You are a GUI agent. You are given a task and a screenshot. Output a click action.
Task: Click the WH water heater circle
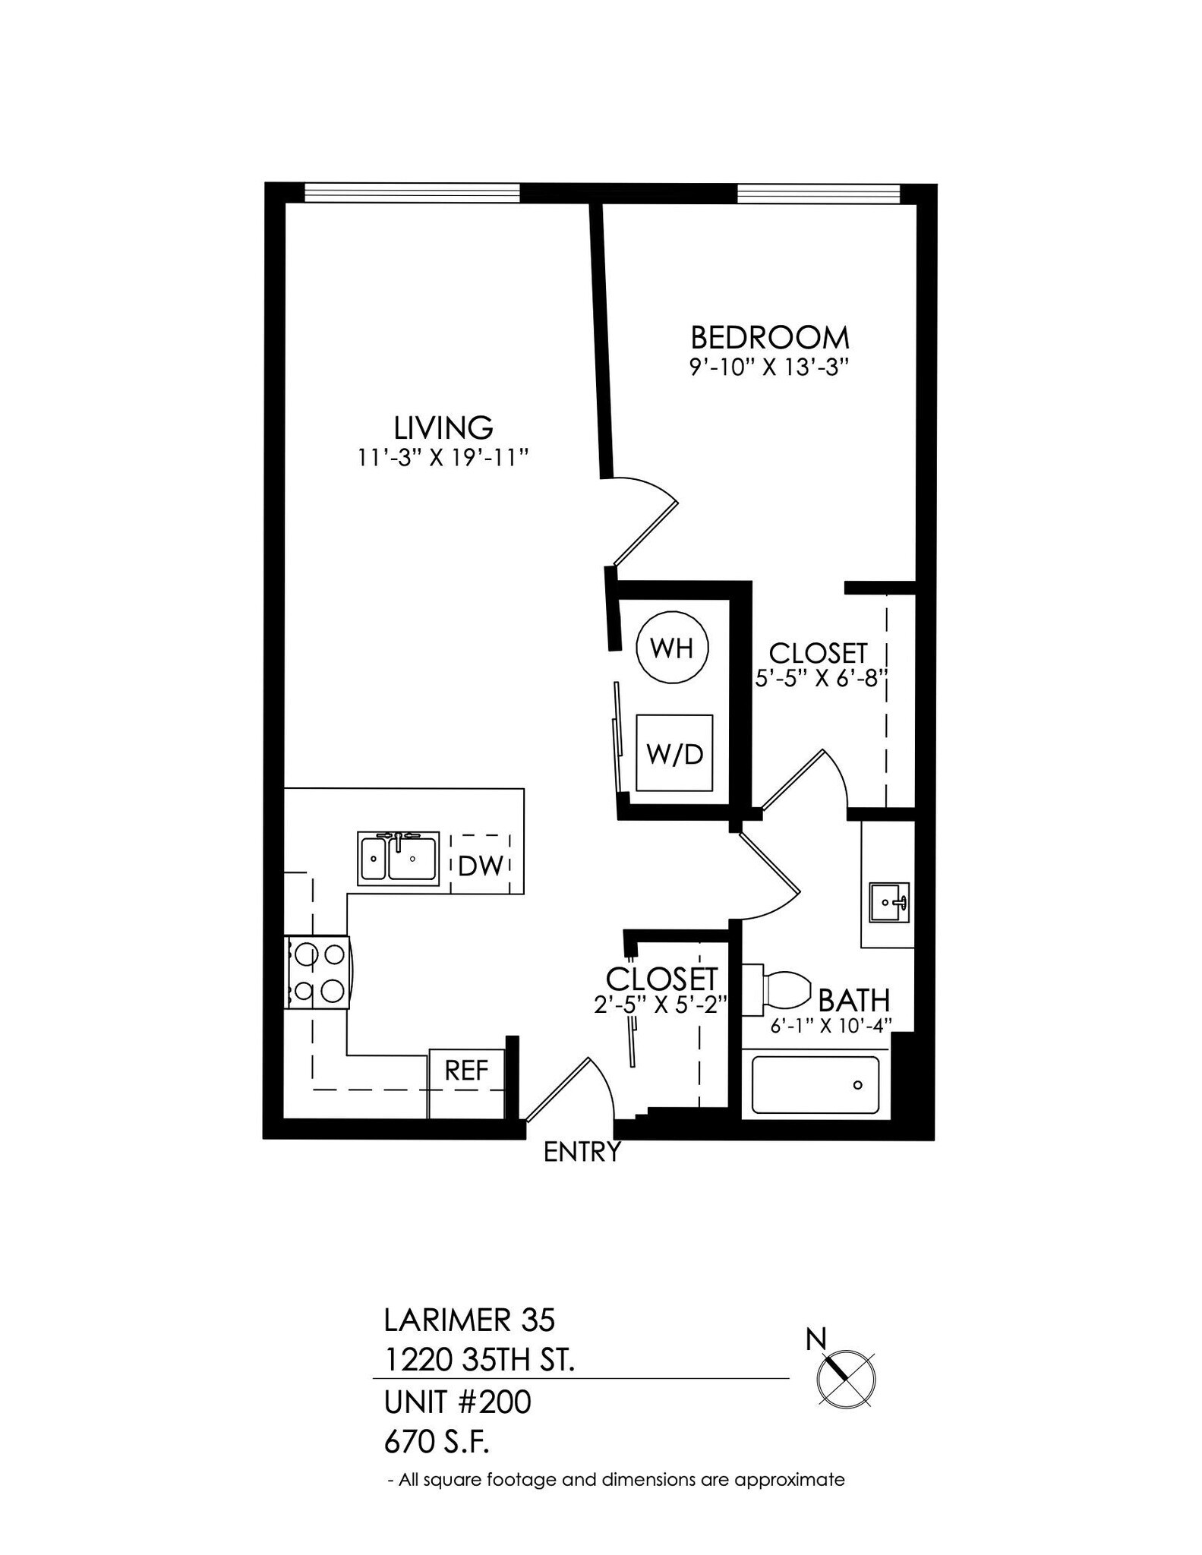(672, 648)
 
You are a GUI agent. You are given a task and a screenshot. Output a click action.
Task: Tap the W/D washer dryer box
(674, 753)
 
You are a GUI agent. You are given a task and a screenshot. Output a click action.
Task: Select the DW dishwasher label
(481, 865)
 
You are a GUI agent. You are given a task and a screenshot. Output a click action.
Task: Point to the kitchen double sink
(399, 858)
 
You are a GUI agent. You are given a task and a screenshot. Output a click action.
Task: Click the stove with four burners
(318, 972)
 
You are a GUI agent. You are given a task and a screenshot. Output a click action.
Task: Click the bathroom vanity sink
(889, 902)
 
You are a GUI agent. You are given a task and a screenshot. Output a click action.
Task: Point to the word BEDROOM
(769, 337)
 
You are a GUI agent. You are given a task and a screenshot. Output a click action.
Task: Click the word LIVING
(443, 427)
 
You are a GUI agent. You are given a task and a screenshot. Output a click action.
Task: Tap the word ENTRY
(582, 1153)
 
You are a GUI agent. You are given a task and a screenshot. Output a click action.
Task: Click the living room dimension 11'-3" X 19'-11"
(443, 458)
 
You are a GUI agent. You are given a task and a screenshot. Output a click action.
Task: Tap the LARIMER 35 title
(469, 1320)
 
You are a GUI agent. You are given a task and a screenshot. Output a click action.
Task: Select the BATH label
(853, 1001)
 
